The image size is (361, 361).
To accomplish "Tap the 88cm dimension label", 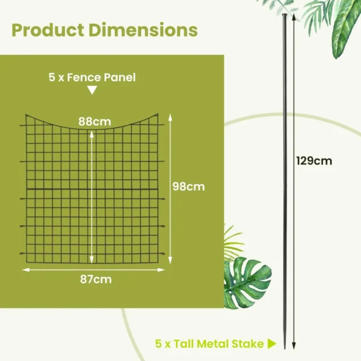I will (x=94, y=122).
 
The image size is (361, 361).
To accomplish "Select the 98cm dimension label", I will (x=188, y=187).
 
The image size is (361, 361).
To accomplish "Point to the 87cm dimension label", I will (x=95, y=279).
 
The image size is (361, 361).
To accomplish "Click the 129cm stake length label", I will (x=314, y=161).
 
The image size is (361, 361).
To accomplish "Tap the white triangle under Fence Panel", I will (x=91, y=90).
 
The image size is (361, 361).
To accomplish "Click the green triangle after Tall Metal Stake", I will (x=272, y=344).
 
